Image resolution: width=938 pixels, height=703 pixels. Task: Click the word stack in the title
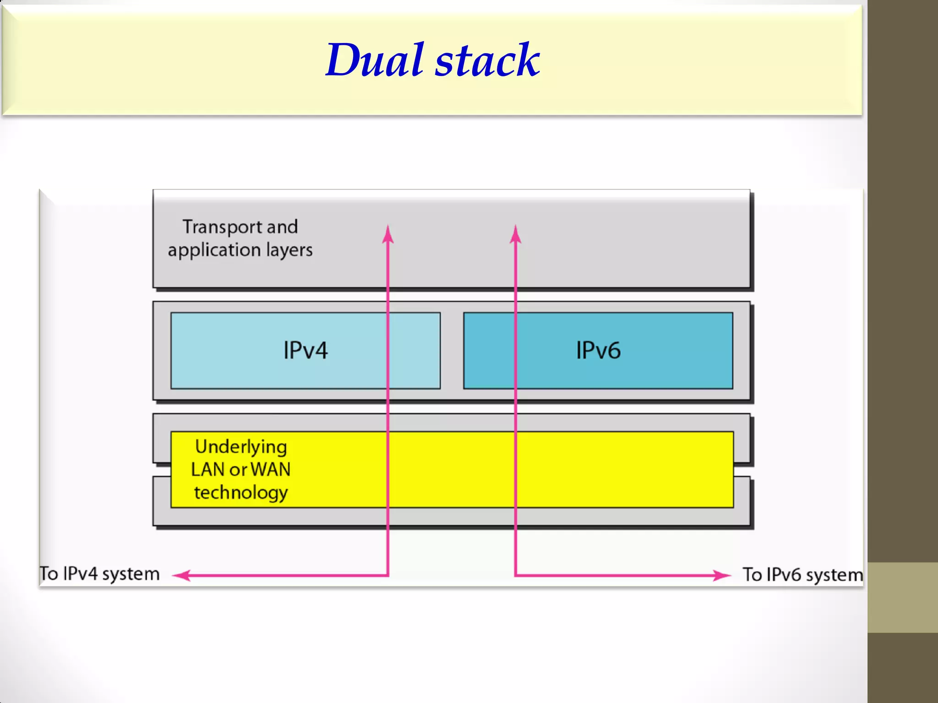487,61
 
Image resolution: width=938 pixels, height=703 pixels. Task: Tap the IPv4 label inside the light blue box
305,351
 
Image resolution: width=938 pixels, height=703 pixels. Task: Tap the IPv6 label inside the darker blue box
598,351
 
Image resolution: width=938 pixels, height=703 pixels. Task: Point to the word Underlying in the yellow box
241,446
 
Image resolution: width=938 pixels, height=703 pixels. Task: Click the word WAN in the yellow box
271,470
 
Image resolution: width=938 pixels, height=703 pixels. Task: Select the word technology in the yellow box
241,493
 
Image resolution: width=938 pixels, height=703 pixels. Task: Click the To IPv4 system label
100,574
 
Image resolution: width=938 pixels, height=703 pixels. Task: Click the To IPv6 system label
802,575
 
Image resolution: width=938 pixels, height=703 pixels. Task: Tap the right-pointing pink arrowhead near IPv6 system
723,575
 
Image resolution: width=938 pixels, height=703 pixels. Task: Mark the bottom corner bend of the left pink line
387,575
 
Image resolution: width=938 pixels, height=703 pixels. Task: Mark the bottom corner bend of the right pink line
516,575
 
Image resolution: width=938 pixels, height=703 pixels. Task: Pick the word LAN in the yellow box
207,470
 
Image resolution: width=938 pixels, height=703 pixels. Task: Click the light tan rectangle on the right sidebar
902,597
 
